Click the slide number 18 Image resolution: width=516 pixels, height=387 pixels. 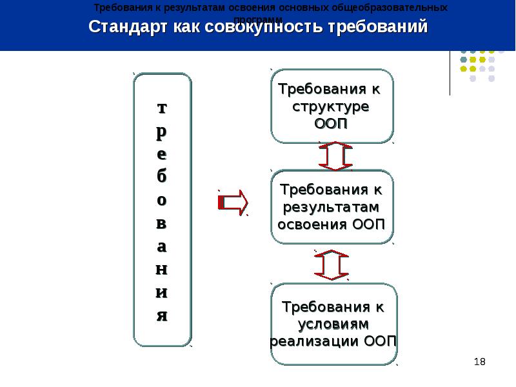coord(479,362)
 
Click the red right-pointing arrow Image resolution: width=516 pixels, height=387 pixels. coord(233,203)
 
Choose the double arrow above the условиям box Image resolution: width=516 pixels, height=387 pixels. coord(332,264)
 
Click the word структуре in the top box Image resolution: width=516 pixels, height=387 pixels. coord(331,106)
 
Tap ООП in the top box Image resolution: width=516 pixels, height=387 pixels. coord(332,123)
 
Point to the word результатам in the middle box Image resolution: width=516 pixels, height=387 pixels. coord(331,207)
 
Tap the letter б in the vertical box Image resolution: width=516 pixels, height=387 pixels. coord(162,176)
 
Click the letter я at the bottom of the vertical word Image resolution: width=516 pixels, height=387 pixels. coord(162,316)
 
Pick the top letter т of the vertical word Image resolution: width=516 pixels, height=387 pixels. coord(162,107)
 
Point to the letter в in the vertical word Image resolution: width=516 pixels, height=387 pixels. coord(162,223)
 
